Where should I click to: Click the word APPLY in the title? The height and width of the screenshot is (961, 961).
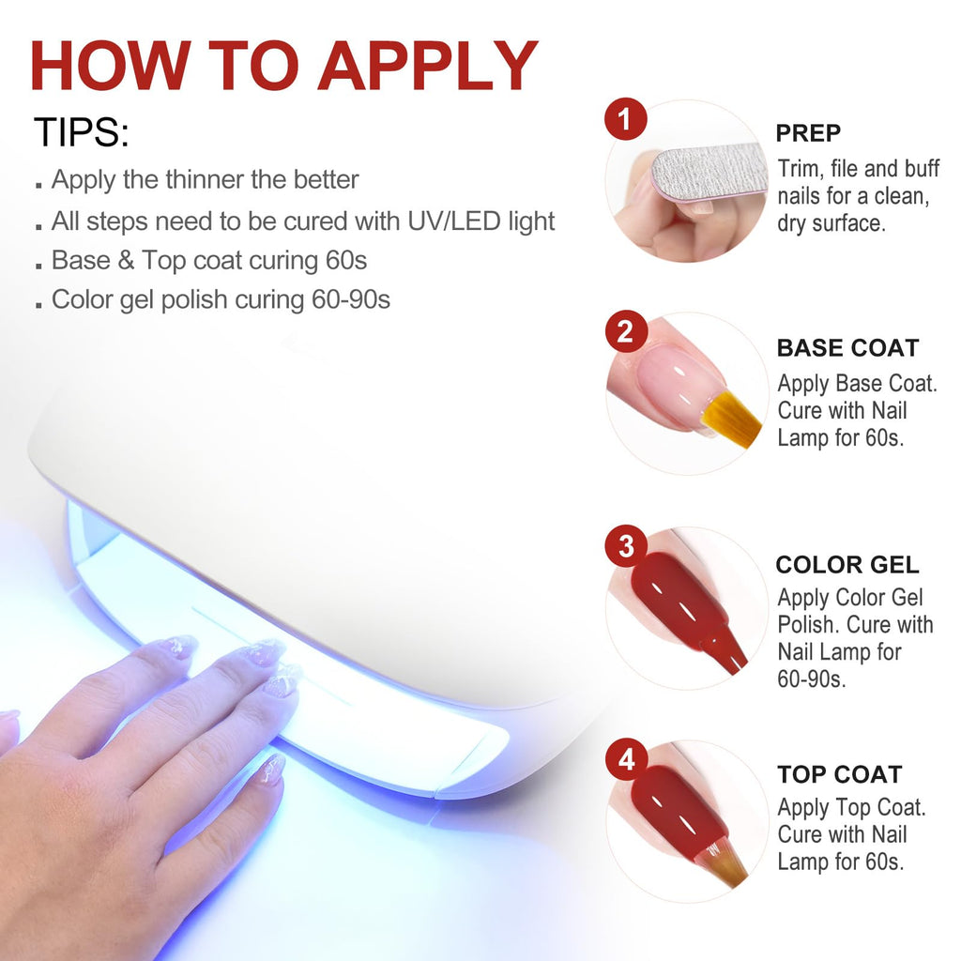428,67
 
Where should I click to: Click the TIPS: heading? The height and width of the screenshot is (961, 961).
82,132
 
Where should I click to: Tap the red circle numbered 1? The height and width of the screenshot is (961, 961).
625,119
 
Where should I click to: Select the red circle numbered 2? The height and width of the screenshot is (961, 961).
626,331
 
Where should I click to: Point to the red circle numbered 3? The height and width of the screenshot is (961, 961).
626,545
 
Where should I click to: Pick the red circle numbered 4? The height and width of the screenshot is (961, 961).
626,759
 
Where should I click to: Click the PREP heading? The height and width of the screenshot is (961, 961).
808,133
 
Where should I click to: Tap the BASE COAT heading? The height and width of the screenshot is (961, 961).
847,348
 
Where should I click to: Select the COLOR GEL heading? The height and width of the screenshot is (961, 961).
847,564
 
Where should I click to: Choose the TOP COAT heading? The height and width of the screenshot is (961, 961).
840,774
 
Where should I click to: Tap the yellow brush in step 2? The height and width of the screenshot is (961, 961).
732,418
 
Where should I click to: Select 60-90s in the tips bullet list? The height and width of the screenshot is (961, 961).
351,299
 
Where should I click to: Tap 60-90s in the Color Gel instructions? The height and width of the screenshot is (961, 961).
812,679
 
